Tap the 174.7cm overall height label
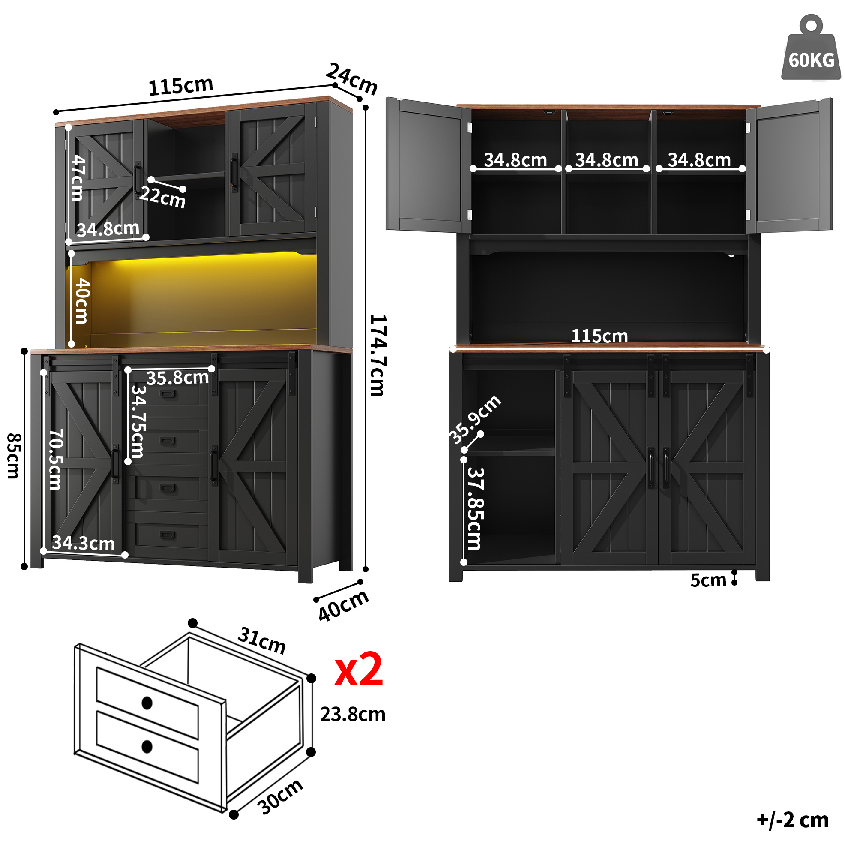377,355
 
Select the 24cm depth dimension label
352,79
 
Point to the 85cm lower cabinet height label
14,456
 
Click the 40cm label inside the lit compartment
82,301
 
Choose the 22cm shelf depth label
162,197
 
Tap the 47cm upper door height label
78,177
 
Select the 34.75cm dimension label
138,421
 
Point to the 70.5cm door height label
56,460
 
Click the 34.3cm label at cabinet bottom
83,543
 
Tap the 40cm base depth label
344,606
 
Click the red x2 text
359,669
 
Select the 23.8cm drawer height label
353,715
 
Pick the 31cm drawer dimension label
262,640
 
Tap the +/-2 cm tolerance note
793,820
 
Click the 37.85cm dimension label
475,508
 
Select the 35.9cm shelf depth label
475,420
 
